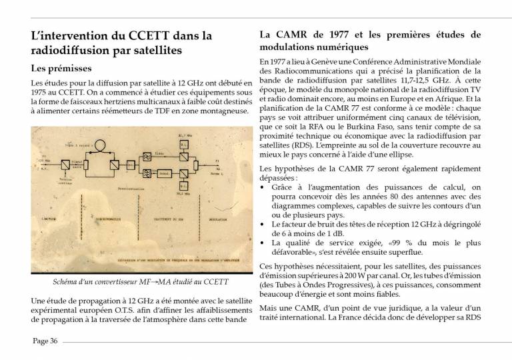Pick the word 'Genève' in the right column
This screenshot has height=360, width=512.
pos(313,62)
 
